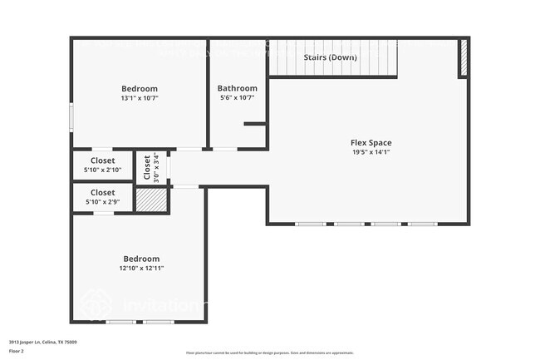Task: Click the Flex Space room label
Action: point(371,143)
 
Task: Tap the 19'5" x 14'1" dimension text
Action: point(371,152)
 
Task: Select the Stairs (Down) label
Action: point(330,57)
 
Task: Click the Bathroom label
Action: point(237,88)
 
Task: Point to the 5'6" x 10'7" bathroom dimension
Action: point(237,97)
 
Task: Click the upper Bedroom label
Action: point(140,88)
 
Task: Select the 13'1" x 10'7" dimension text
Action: point(140,97)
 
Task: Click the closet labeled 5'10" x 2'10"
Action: point(103,165)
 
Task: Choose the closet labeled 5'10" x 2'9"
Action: point(103,197)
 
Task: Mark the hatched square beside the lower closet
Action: point(152,200)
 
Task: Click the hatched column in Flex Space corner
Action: point(464,58)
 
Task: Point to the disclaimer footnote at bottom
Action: point(269,353)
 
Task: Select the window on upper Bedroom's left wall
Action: point(71,116)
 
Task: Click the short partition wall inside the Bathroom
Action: point(255,124)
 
